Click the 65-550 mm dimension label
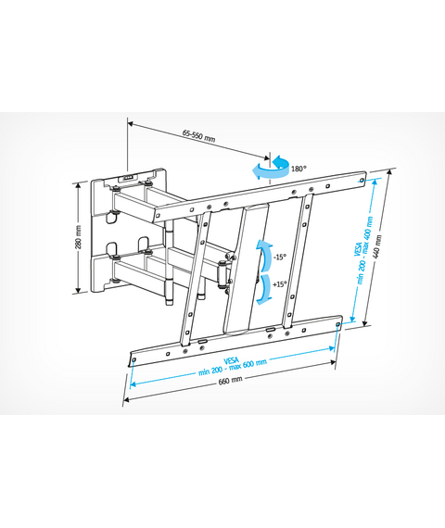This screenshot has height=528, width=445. coord(198,135)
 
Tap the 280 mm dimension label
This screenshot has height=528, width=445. coord(78,238)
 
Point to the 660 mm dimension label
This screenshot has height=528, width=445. coord(230,380)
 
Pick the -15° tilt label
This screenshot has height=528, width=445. coord(280,257)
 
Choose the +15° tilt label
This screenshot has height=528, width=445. coord(280,284)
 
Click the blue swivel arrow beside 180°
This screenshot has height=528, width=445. coord(271,168)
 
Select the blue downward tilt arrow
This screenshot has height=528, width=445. coord(264,290)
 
